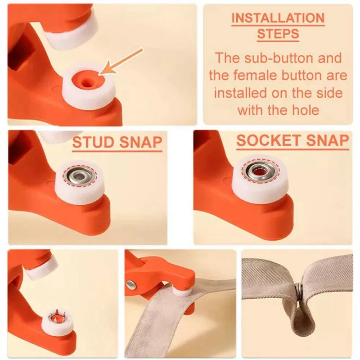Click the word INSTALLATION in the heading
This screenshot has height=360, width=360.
coord(278,18)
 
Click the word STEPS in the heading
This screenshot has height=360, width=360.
coord(278,34)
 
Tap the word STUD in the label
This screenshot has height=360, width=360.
coord(94,142)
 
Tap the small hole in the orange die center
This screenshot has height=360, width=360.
coord(87,82)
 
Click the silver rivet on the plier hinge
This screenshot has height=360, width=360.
coord(131,285)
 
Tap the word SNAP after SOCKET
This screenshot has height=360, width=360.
coord(328,140)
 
